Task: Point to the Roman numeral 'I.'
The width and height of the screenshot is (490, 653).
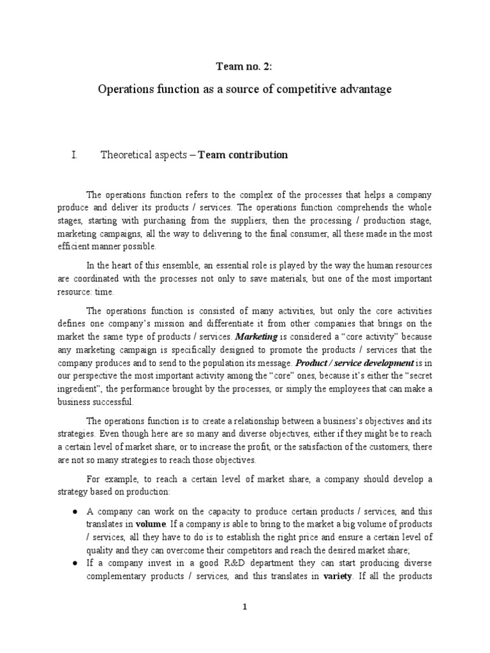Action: point(75,155)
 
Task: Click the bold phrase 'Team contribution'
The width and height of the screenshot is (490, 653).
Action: point(243,155)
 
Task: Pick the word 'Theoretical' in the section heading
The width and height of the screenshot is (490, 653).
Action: point(126,155)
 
